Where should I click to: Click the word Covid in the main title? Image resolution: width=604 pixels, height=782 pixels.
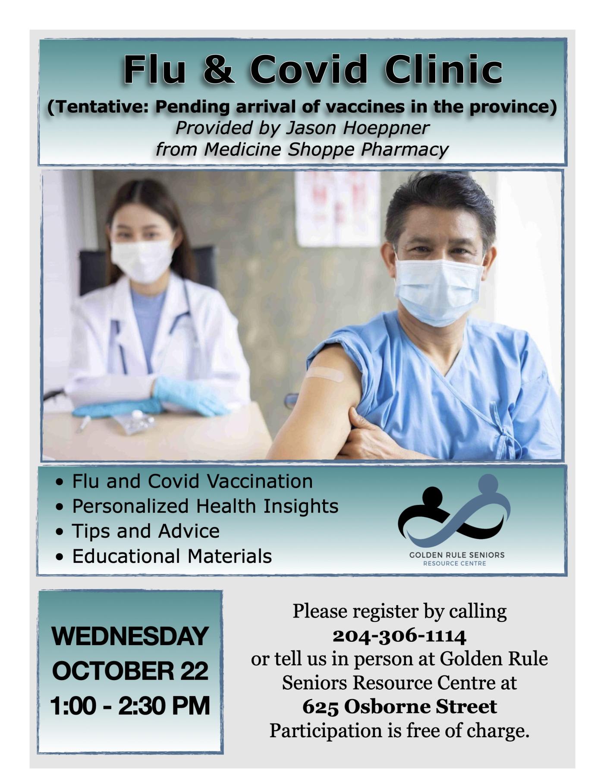tap(309, 69)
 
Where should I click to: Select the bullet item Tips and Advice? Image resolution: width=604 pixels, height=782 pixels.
tap(146, 531)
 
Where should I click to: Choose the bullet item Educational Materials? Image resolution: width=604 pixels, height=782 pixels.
tap(172, 556)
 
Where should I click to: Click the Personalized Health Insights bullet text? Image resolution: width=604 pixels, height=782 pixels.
tap(205, 506)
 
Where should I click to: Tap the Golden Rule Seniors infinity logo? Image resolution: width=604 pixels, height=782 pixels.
tap(455, 514)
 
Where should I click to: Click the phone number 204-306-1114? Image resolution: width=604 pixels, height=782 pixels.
tap(399, 635)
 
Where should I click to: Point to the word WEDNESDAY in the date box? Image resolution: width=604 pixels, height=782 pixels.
tap(130, 636)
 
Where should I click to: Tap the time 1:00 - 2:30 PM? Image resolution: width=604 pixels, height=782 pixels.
tap(130, 706)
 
